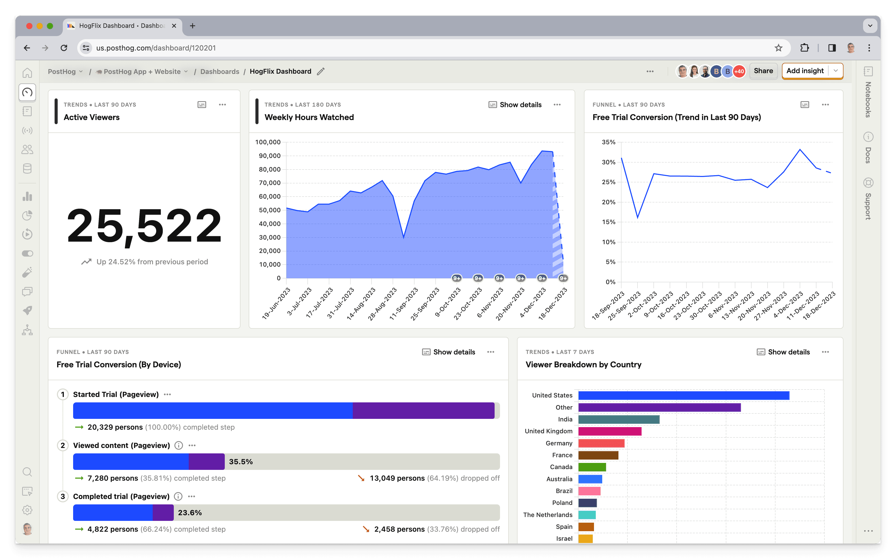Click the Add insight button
click(x=805, y=71)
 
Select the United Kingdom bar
click(x=610, y=431)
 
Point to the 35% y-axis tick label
click(x=609, y=142)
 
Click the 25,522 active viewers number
click(x=144, y=225)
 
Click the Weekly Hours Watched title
click(x=309, y=117)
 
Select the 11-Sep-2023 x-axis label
click(x=404, y=304)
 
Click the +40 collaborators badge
click(x=739, y=71)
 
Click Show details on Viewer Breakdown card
click(x=783, y=352)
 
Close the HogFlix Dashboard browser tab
click(x=174, y=26)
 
